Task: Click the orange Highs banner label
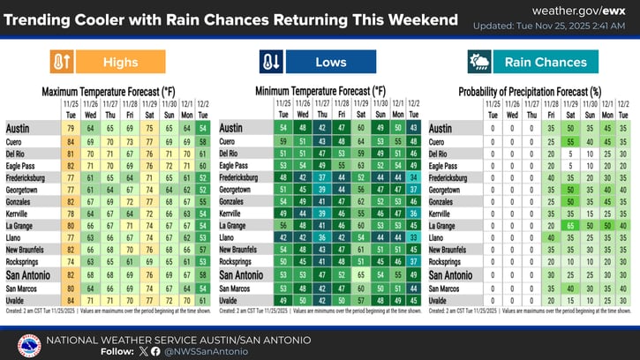click(x=120, y=62)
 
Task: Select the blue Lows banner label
click(x=331, y=62)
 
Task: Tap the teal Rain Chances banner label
click(x=545, y=62)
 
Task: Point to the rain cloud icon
click(x=479, y=62)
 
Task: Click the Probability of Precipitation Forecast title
click(x=530, y=91)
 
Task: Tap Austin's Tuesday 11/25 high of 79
click(x=71, y=129)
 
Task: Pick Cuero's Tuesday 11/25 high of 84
click(x=71, y=141)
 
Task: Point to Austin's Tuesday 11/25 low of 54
click(x=282, y=129)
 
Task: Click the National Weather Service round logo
click(x=29, y=344)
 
